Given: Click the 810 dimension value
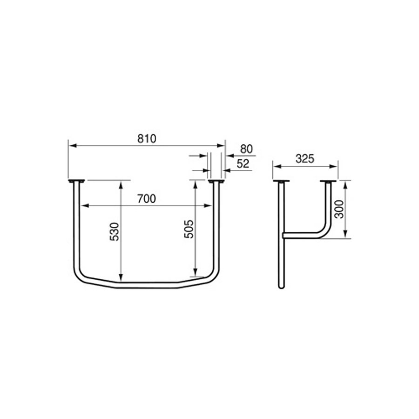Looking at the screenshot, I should coord(146,138).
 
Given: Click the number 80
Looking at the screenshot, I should coord(246,149).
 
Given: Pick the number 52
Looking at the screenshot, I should coord(243,163).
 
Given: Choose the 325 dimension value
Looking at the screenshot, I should coord(305,158).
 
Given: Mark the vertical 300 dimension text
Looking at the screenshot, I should coord(339,209).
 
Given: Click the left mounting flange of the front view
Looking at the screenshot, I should coord(76,181).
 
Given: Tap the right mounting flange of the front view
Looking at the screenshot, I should coord(216,181).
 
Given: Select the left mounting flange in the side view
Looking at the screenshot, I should coord(281,181).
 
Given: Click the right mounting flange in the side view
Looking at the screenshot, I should coord(328,181).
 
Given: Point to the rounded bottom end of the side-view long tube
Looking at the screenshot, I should coord(281,286).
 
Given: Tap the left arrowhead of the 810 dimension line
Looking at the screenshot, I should coord(71,145).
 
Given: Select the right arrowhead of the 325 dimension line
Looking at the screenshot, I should coord(335,165).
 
